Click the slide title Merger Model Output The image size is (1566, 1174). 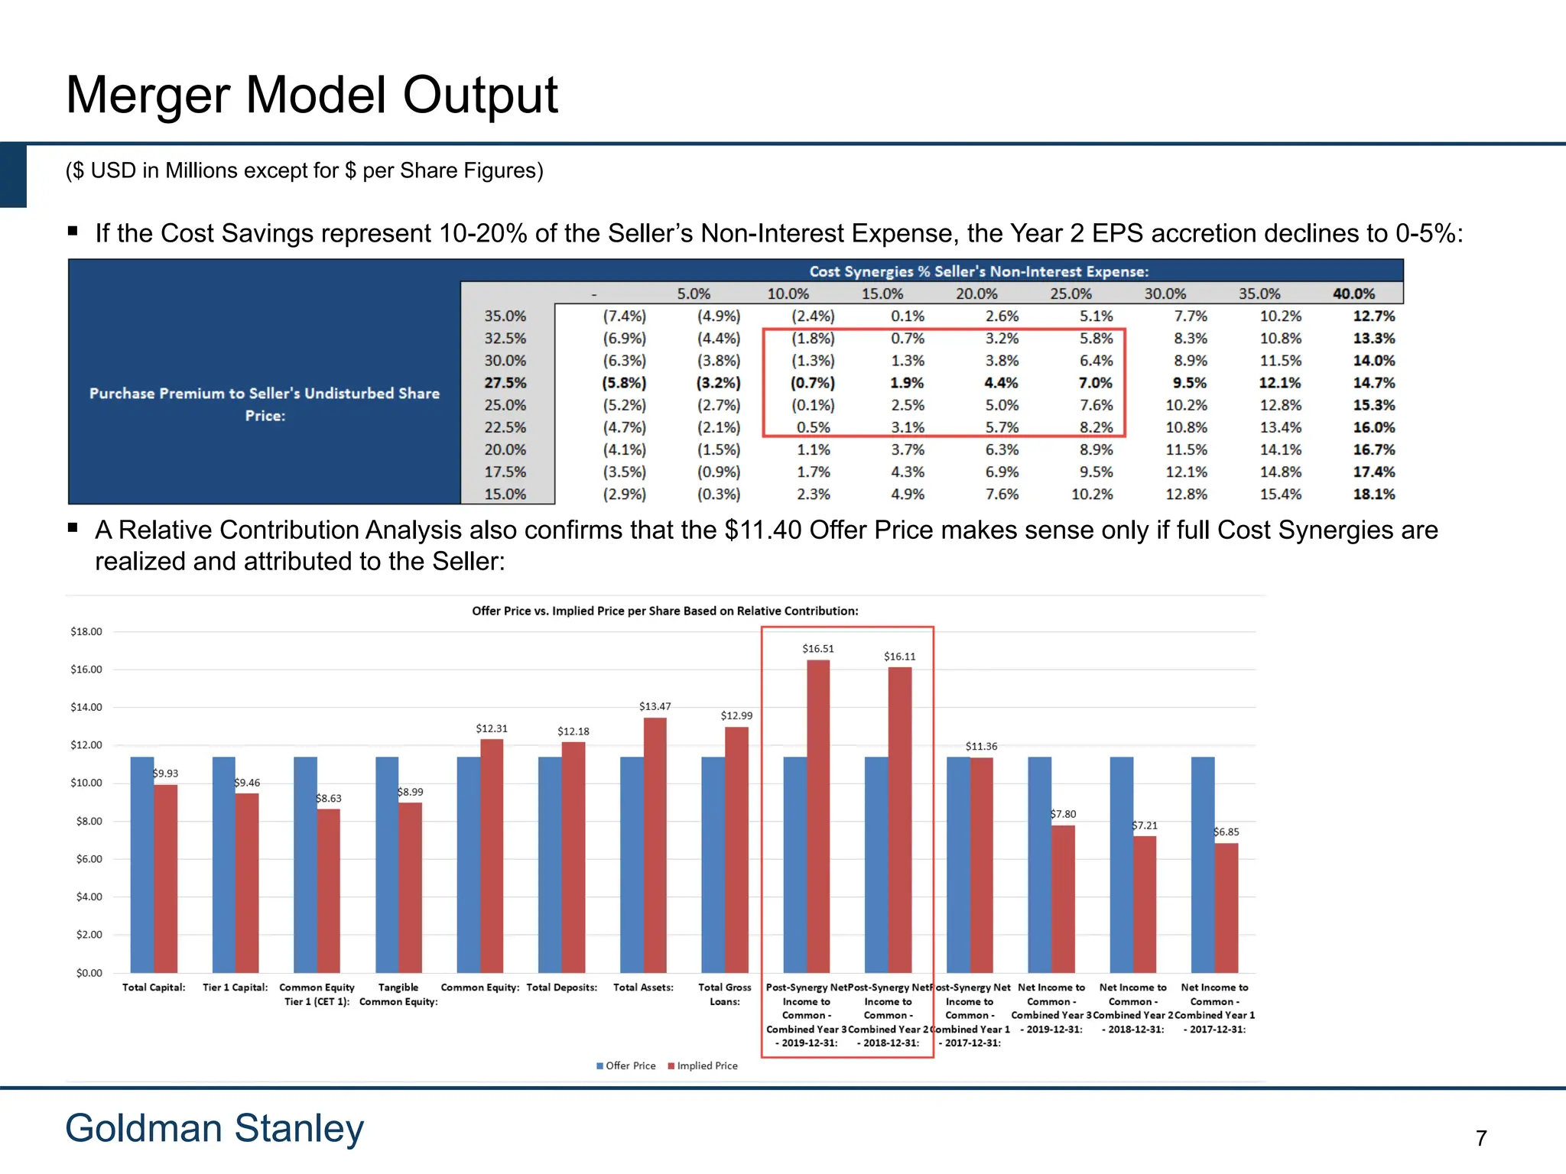[312, 96]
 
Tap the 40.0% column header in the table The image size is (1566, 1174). [1353, 293]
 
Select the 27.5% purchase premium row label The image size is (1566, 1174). [505, 383]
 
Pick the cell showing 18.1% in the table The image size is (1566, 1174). [1373, 495]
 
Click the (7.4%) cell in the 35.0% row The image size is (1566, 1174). [624, 316]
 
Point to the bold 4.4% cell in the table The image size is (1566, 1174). [1001, 383]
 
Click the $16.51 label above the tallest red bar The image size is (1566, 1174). [818, 649]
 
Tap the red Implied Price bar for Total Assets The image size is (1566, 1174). [655, 845]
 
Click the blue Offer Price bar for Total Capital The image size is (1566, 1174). [142, 864]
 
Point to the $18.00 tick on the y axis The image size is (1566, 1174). [86, 631]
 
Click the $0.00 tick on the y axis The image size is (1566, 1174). [89, 973]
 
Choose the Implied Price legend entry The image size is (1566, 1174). [703, 1065]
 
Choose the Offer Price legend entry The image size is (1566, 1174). [626, 1065]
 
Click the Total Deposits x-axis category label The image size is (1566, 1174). [562, 988]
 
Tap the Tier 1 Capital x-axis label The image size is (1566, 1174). [236, 988]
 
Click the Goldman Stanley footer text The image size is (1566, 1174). [215, 1128]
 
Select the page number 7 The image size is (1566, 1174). [1481, 1138]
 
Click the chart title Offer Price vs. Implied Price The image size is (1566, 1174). [664, 611]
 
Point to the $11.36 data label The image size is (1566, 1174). [981, 746]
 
